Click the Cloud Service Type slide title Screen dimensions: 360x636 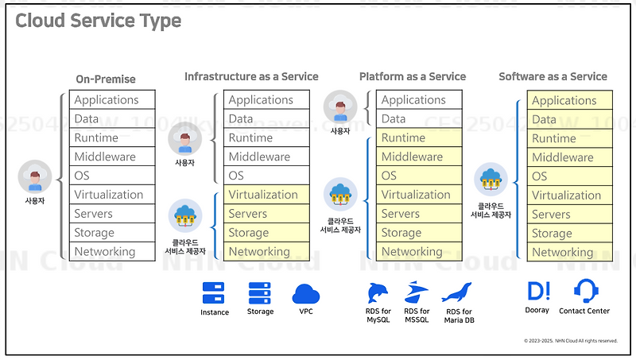(x=99, y=21)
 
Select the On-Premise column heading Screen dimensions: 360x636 (x=106, y=79)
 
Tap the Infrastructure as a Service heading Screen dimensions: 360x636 (x=251, y=76)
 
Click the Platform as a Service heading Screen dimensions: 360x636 (x=413, y=76)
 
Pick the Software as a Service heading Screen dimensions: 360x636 (x=553, y=76)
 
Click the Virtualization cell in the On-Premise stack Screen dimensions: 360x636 (x=112, y=195)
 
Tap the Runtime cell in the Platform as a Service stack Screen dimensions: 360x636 (x=419, y=138)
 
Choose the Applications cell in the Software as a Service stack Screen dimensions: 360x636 (x=569, y=100)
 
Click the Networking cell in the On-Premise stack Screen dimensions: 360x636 (x=112, y=252)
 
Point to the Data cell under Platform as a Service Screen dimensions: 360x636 (x=419, y=119)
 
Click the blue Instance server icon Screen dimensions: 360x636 (x=214, y=293)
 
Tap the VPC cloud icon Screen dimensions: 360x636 (x=306, y=295)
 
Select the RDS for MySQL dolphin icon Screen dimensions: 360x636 (x=379, y=292)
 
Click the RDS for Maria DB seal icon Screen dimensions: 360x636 (x=457, y=292)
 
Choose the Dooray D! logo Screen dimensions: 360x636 (x=538, y=290)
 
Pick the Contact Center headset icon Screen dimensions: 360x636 (x=586, y=290)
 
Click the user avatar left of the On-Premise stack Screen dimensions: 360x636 (x=34, y=178)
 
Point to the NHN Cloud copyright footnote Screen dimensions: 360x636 (x=570, y=340)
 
